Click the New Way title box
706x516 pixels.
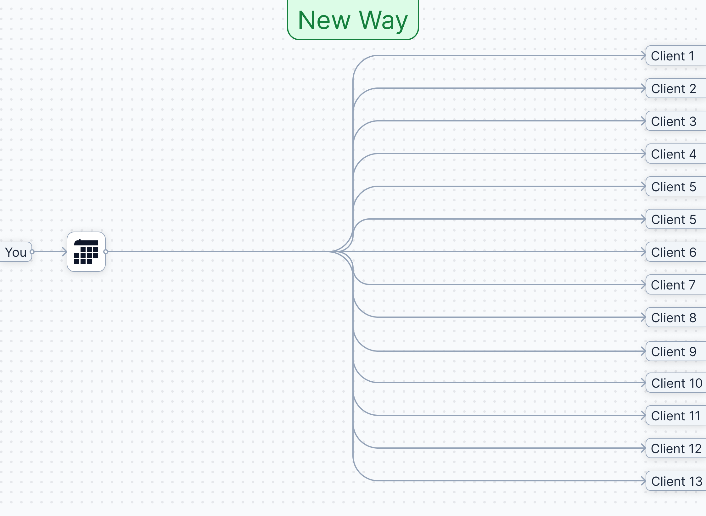[353, 20]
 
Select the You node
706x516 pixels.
[15, 252]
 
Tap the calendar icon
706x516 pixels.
[86, 252]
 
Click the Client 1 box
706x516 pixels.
[675, 56]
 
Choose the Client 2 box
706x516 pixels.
[675, 89]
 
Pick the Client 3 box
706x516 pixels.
[675, 121]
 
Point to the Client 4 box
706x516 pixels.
[675, 154]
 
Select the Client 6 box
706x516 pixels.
[675, 252]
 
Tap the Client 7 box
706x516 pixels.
[675, 285]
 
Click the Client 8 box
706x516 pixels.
[675, 318]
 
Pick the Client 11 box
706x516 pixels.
[675, 416]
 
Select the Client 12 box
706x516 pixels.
[676, 449]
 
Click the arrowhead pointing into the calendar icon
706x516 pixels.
[64, 252]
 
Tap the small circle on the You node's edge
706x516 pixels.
[32, 252]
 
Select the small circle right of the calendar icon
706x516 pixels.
[106, 252]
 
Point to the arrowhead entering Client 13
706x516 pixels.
[643, 481]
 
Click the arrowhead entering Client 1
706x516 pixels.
[643, 56]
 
